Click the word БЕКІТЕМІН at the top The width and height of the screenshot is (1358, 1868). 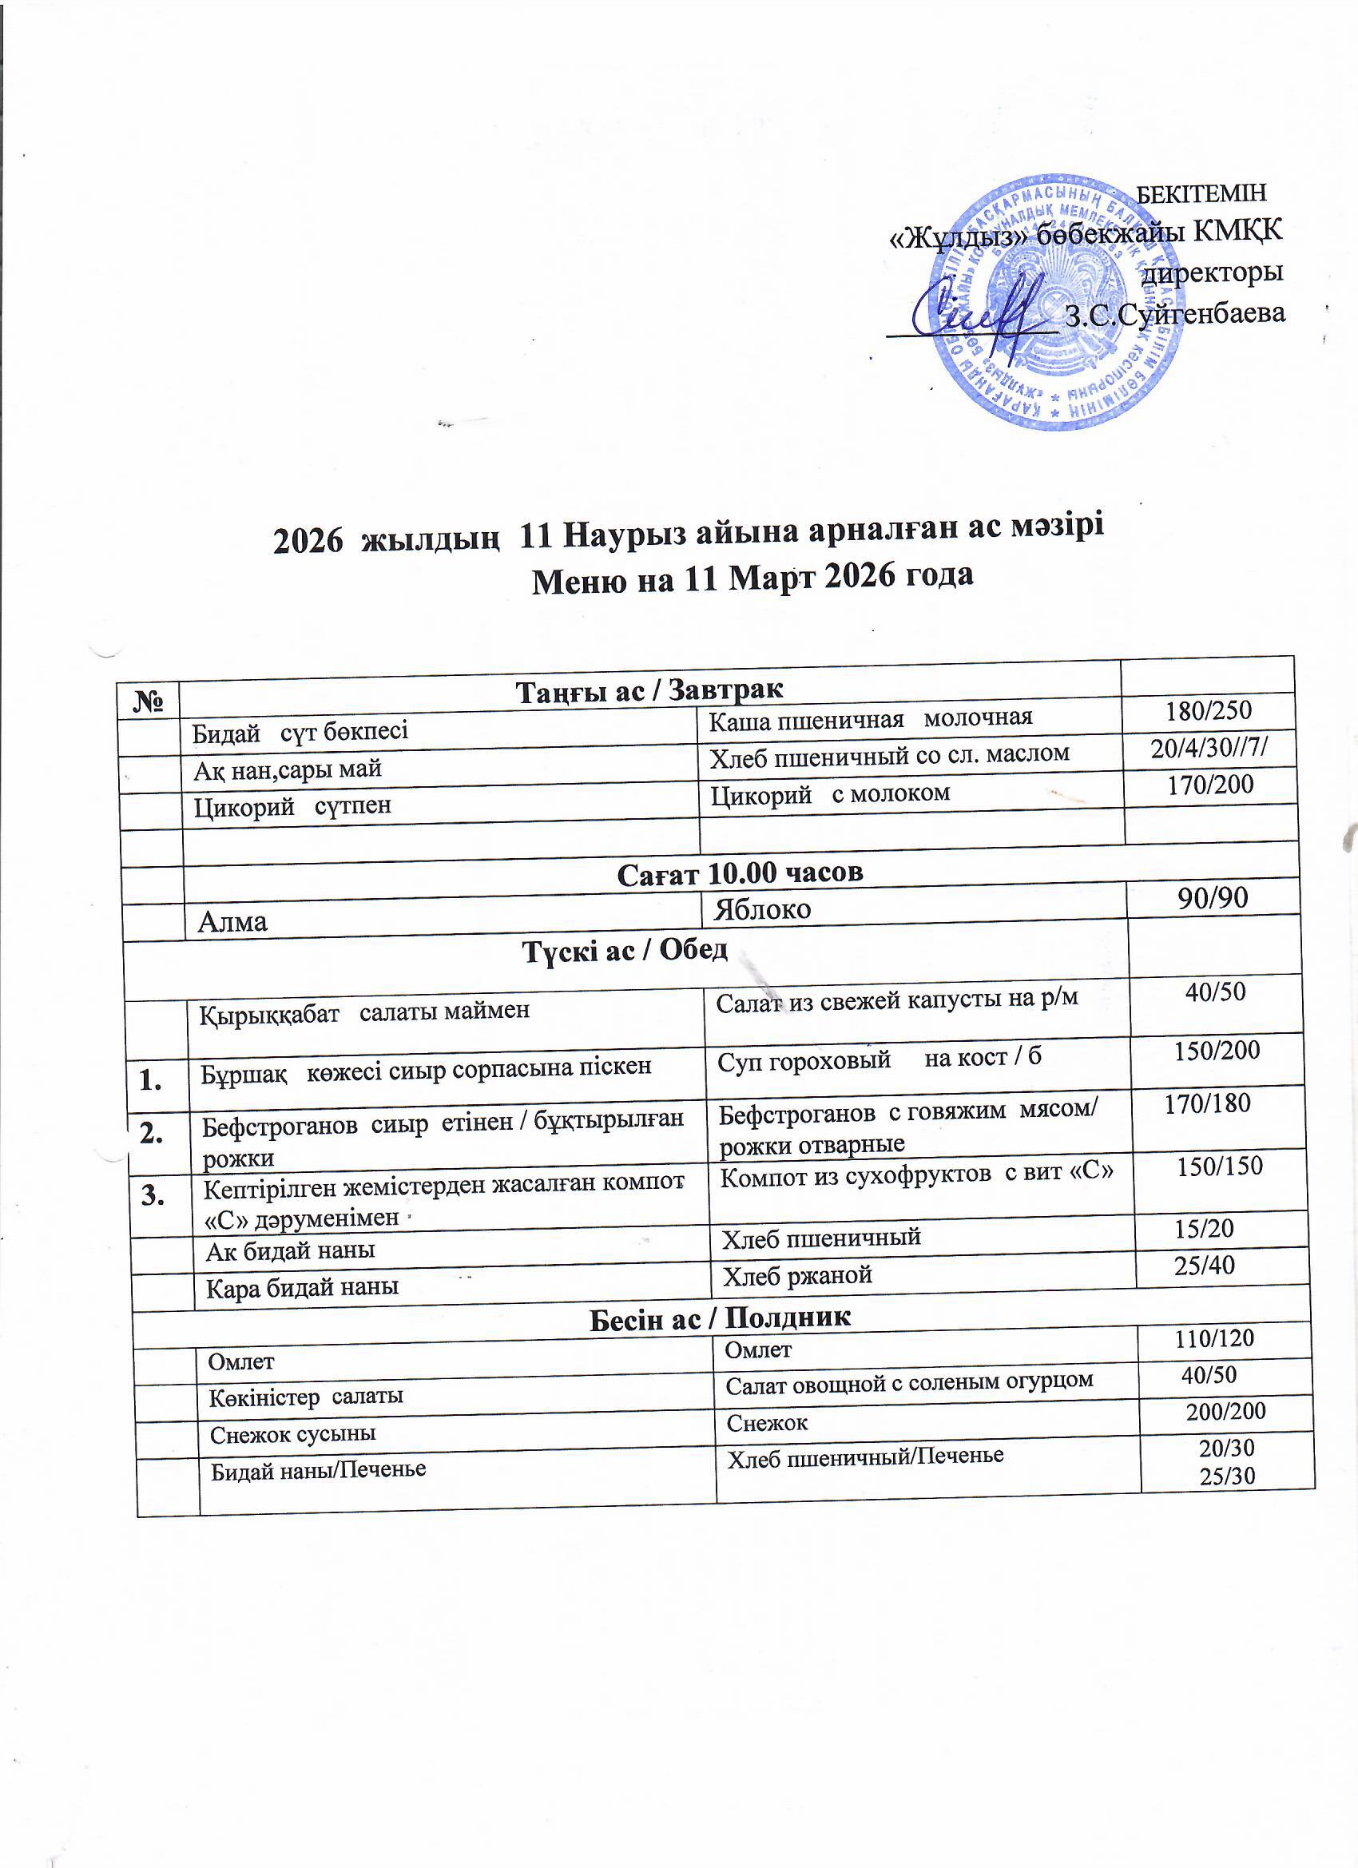pyautogui.click(x=1201, y=193)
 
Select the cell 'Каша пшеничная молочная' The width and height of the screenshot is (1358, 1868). pyautogui.click(x=871, y=718)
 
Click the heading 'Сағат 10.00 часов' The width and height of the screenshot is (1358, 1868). pyautogui.click(x=740, y=872)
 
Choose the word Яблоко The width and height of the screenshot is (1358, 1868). pyautogui.click(x=763, y=908)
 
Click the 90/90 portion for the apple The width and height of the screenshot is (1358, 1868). pyautogui.click(x=1213, y=897)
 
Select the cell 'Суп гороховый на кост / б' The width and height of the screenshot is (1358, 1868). pyautogui.click(x=879, y=1058)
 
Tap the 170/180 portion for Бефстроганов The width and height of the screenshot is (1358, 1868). pyautogui.click(x=1207, y=1103)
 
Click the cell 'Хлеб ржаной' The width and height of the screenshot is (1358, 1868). pyautogui.click(x=796, y=1276)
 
